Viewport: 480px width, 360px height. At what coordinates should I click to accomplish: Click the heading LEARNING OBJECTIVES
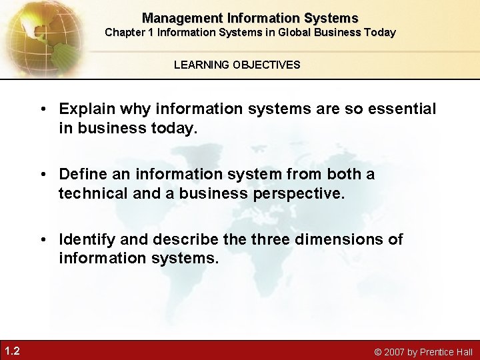coord(237,65)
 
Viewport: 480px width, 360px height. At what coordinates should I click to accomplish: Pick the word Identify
coord(86,239)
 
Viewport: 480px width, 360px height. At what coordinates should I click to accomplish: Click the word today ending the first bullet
coord(177,127)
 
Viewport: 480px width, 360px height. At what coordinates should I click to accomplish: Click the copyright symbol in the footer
coord(378,352)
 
